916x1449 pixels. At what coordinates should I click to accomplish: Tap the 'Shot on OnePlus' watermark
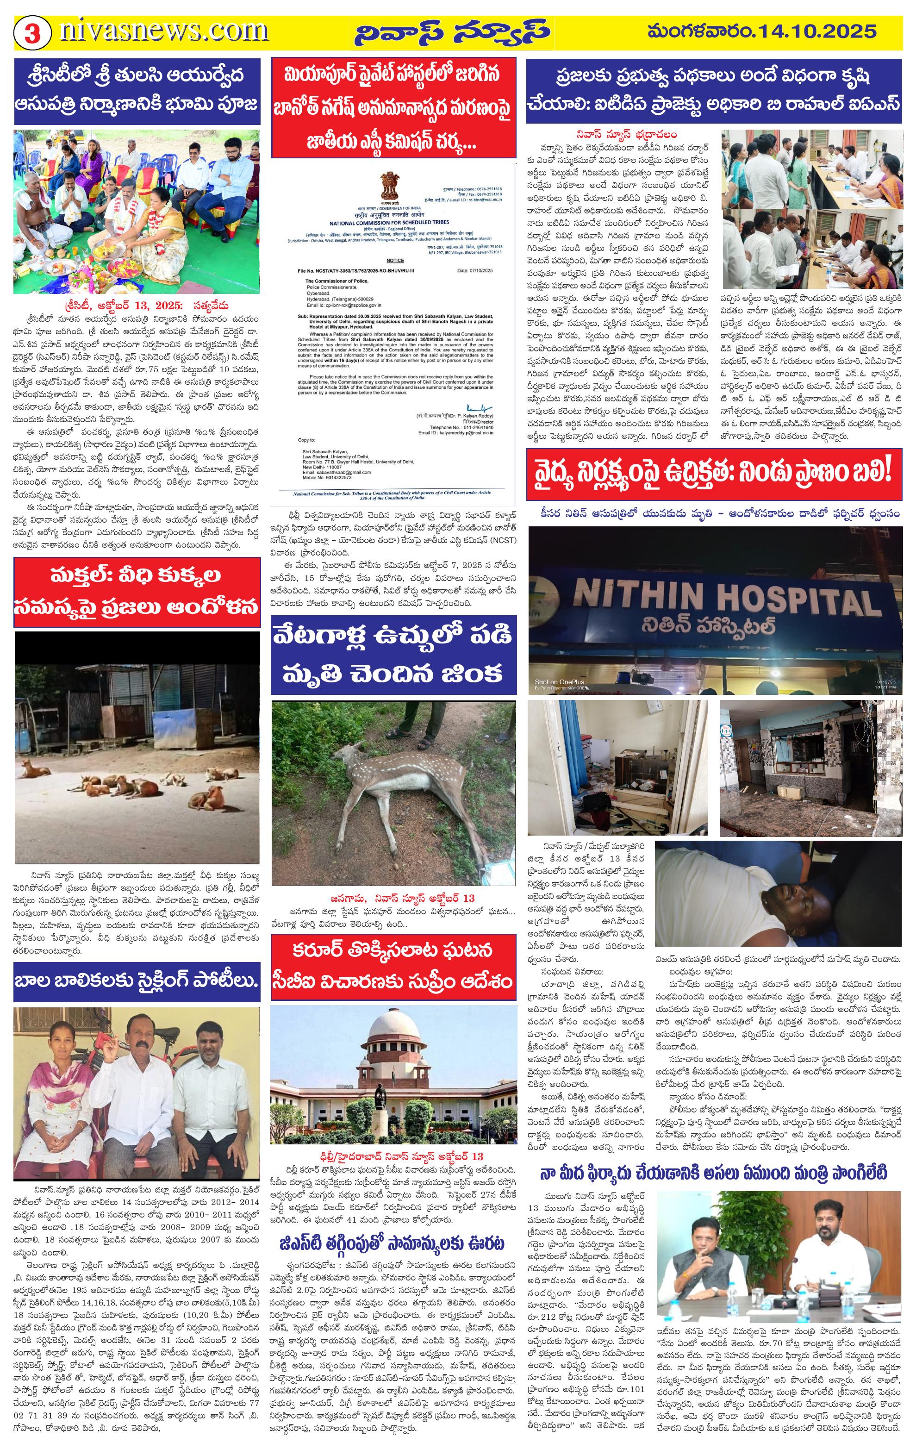click(x=559, y=682)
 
